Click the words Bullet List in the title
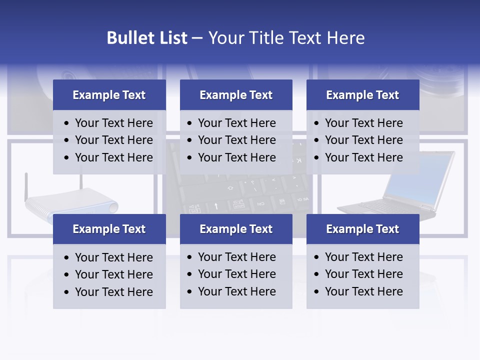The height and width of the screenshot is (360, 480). [x=147, y=38]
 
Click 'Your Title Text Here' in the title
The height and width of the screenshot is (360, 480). [x=286, y=38]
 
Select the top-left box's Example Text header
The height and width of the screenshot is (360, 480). [x=109, y=95]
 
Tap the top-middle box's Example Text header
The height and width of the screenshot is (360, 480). [x=236, y=95]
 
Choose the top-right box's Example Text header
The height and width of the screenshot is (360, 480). [x=362, y=95]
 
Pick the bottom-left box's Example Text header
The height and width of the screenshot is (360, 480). [x=109, y=229]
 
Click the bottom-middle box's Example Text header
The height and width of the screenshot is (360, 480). [x=236, y=229]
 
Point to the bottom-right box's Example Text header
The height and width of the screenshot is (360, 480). [x=362, y=229]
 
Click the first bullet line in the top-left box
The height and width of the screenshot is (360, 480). [x=113, y=123]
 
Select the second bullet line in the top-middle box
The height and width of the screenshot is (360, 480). [x=236, y=140]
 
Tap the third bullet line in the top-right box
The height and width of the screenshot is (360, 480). [x=363, y=157]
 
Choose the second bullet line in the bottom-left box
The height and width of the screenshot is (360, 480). [x=113, y=274]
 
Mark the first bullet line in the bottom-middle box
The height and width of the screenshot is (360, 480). [x=236, y=257]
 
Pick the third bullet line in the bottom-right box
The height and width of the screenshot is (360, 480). [x=363, y=291]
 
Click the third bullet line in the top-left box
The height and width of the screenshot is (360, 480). [x=113, y=157]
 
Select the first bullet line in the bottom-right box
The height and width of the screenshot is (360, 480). [x=363, y=257]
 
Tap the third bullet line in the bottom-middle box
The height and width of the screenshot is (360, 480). [x=236, y=291]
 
